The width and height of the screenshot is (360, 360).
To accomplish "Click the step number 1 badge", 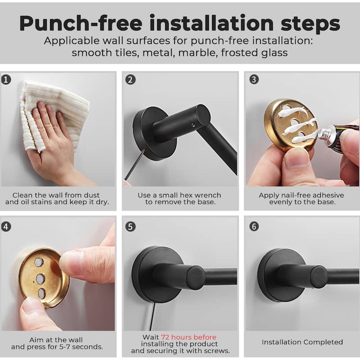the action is pyautogui.click(x=6, y=80).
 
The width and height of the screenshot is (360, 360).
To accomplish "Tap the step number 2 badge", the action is pyautogui.click(x=130, y=80).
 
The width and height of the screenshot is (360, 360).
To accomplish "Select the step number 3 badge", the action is pyautogui.click(x=254, y=80).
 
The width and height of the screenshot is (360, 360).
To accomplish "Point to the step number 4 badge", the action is pyautogui.click(x=6, y=227).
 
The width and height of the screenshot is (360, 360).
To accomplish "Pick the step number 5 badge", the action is pyautogui.click(x=130, y=227).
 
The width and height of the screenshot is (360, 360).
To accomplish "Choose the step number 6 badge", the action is pyautogui.click(x=254, y=226).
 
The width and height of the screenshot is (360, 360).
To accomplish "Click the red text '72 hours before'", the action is pyautogui.click(x=189, y=337).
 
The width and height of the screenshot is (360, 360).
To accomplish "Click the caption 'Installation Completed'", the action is pyautogui.click(x=302, y=342).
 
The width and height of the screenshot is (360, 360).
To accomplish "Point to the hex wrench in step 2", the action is pyautogui.click(x=134, y=165).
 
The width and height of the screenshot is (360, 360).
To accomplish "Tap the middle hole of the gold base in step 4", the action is pyautogui.click(x=40, y=279).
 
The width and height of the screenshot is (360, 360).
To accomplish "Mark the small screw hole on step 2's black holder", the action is pyautogui.click(x=193, y=125).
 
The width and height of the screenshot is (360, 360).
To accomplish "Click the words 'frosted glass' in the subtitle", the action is pyautogui.click(x=254, y=53).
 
